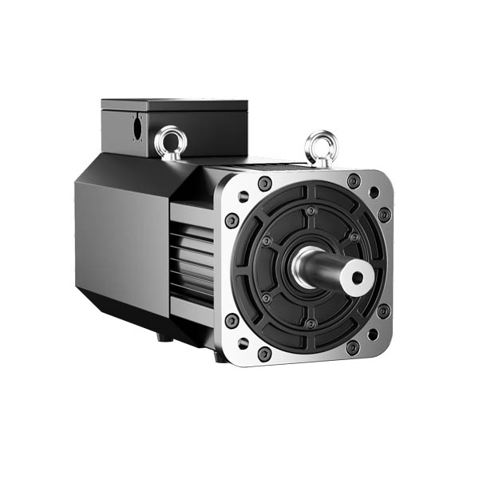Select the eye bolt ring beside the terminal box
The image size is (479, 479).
tap(171, 141)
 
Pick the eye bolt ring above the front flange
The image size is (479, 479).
tap(321, 145)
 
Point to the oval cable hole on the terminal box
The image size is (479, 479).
tap(137, 126)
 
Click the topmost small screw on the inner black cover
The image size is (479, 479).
tap(311, 211)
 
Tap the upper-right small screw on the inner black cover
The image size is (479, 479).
tap(354, 237)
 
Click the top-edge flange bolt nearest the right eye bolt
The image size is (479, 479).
tap(354, 180)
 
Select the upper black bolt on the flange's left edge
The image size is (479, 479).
tap(232, 220)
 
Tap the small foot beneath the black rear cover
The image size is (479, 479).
tap(166, 336)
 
